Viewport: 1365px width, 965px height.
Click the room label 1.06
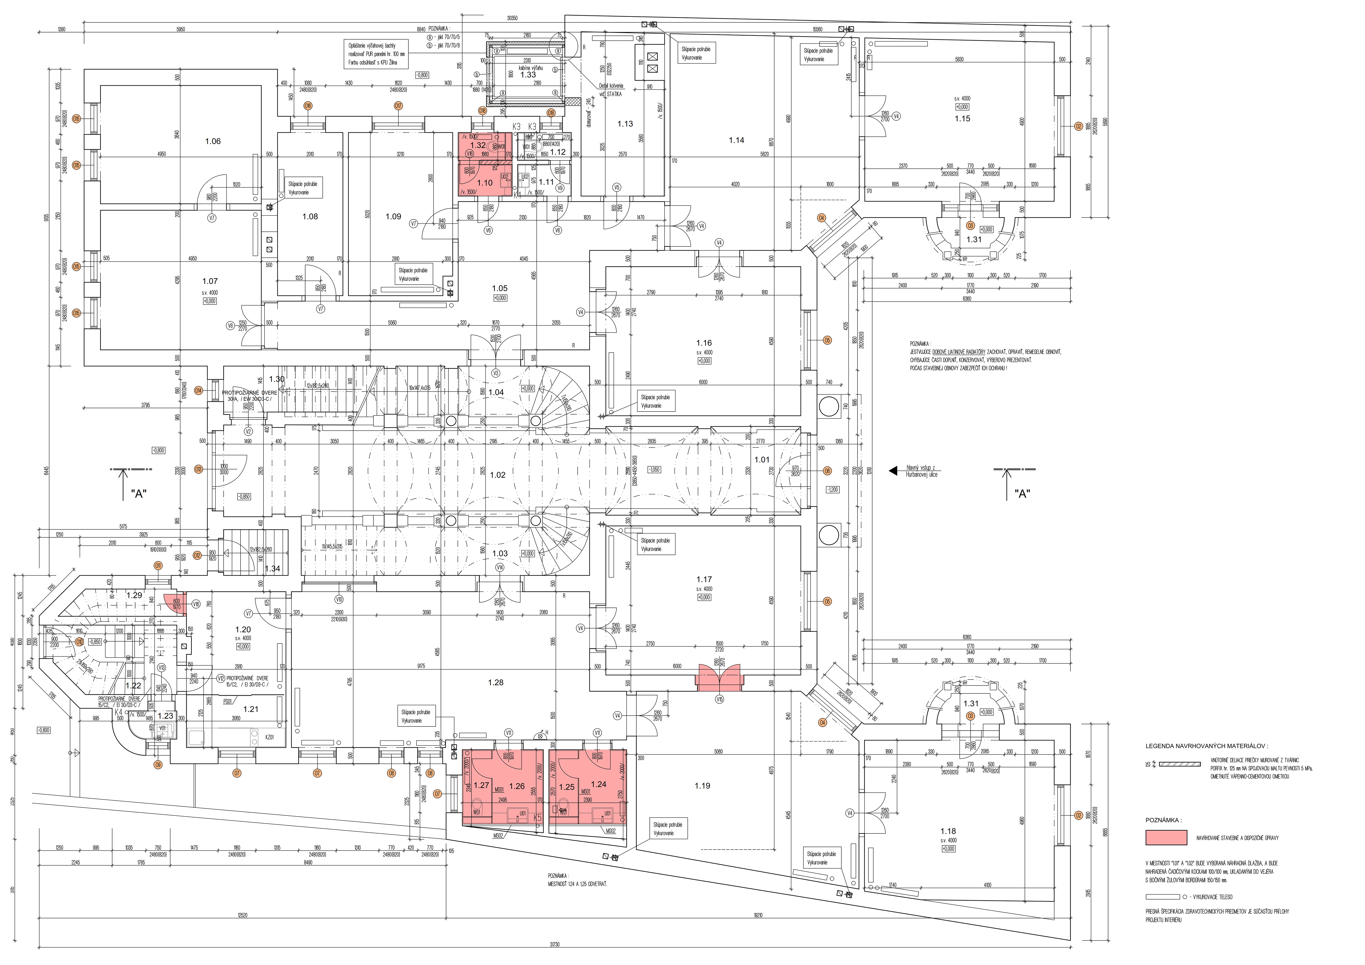(x=213, y=141)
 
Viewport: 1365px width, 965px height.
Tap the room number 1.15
(x=962, y=118)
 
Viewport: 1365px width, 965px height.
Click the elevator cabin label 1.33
(x=528, y=75)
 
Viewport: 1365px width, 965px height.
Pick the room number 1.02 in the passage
(x=498, y=475)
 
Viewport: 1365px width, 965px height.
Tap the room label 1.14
(x=737, y=140)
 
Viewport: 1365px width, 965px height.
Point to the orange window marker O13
(x=198, y=469)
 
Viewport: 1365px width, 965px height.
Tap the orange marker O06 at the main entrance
(x=827, y=471)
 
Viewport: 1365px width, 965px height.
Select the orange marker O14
(x=198, y=391)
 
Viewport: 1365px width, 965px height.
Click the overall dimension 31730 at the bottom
(x=554, y=944)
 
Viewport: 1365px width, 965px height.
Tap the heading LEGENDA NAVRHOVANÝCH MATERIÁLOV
(x=1206, y=746)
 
